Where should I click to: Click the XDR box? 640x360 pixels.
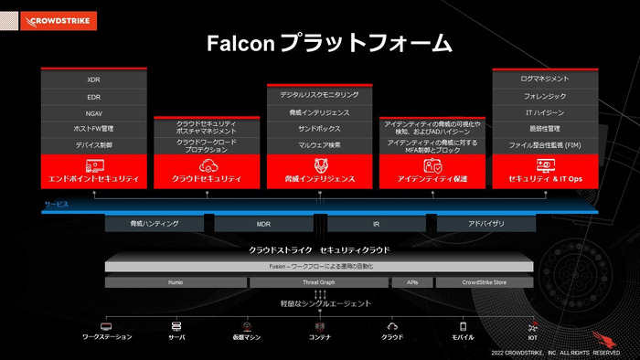94,79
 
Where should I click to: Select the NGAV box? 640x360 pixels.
94,112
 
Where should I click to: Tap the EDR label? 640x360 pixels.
94,96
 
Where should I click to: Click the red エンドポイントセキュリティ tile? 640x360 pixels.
94,171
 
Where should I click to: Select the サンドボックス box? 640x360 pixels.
320,129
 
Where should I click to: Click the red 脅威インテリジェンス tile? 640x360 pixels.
320,171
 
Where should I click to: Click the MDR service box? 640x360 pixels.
263,223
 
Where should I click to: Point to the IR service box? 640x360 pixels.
375,223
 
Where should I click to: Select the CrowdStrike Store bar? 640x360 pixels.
485,283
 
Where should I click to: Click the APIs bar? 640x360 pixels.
412,283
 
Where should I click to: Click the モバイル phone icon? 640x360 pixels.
463,326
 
